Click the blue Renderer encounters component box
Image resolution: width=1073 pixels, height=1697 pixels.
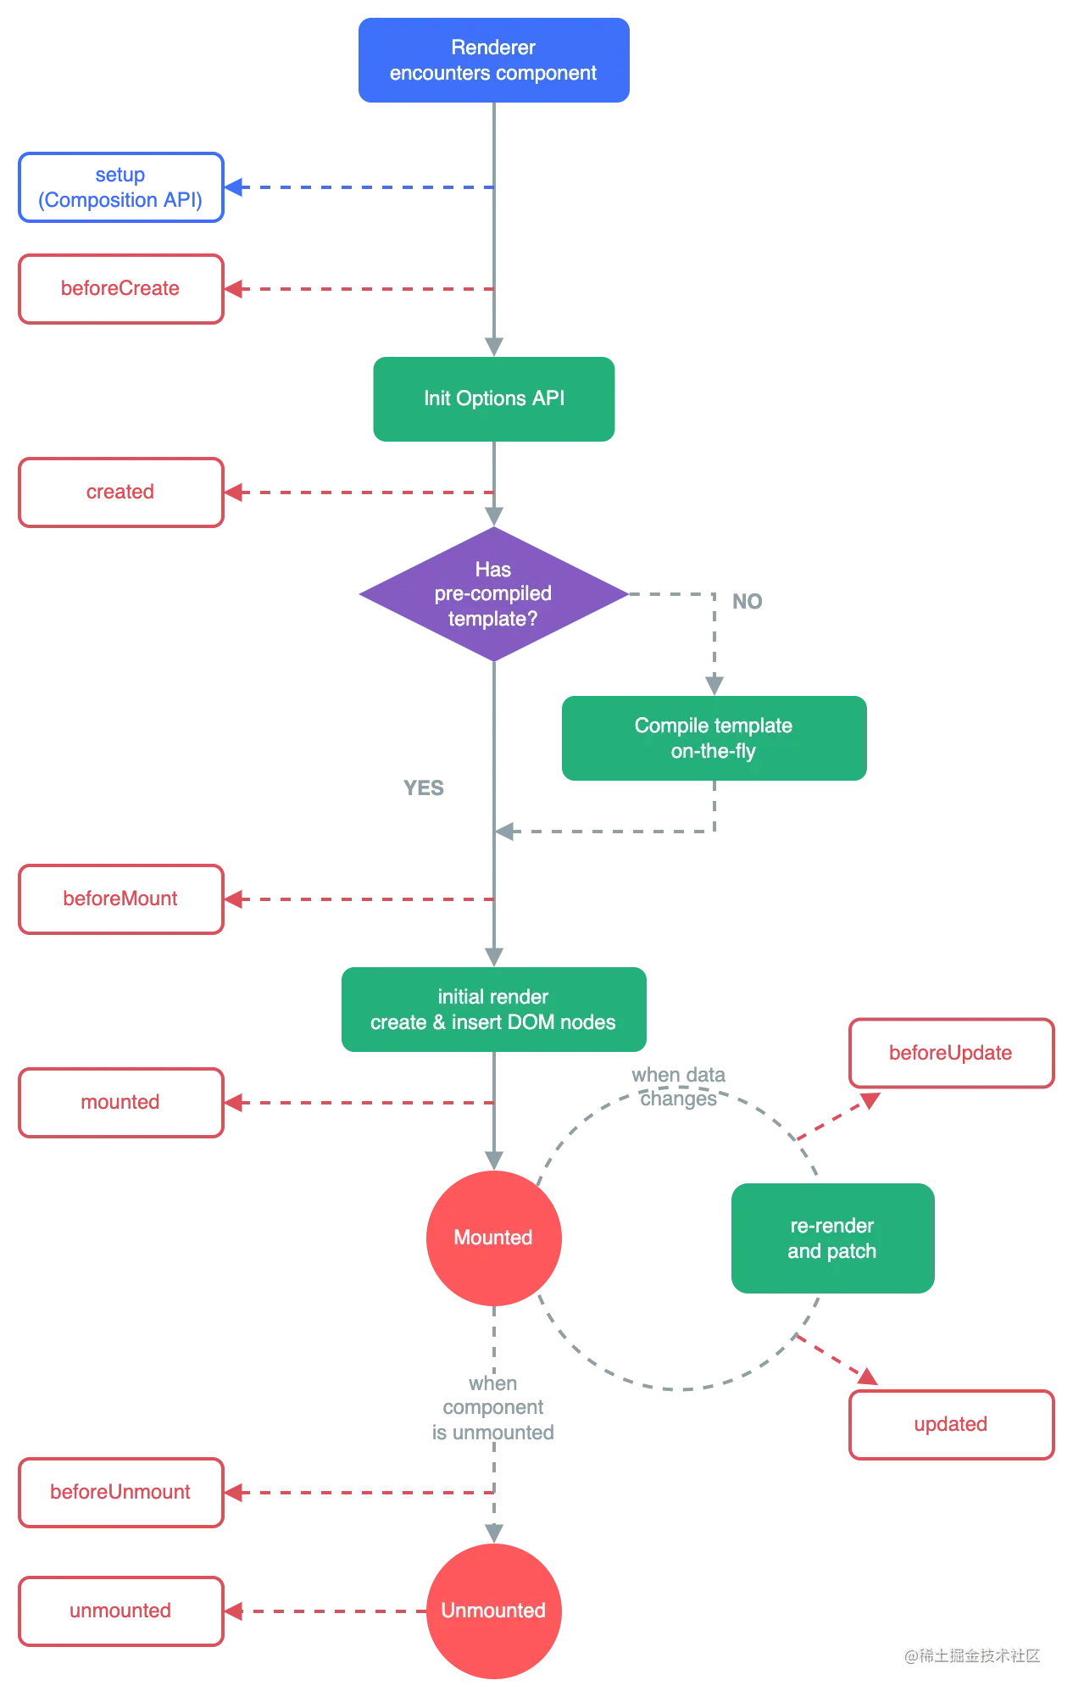[x=492, y=60]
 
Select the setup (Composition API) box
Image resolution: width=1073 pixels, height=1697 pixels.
[x=120, y=187]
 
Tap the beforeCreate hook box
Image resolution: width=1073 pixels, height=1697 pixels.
[x=120, y=288]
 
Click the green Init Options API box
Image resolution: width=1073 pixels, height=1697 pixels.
[x=494, y=398]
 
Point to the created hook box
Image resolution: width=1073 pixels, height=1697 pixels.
[x=120, y=492]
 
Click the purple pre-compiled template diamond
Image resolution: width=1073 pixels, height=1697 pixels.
[x=492, y=594]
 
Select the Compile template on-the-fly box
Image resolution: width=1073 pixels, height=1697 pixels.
[x=713, y=737]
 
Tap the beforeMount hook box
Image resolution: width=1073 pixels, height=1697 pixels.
[x=120, y=899]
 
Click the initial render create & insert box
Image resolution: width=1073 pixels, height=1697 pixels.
[x=493, y=1009]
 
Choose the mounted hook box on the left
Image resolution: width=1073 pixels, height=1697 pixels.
[x=120, y=1102]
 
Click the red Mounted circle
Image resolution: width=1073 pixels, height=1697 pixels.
[x=492, y=1238]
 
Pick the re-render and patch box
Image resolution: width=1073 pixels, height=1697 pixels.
[x=831, y=1238]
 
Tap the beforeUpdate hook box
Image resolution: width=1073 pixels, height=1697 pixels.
[x=951, y=1054]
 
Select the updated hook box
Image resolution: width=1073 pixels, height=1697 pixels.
[x=951, y=1424]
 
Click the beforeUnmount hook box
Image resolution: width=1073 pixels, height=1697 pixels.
[x=120, y=1492]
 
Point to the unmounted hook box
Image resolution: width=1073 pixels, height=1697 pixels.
[x=120, y=1611]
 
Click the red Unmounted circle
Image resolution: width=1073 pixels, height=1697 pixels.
[x=492, y=1611]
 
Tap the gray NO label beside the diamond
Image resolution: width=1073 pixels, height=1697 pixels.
[x=748, y=600]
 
